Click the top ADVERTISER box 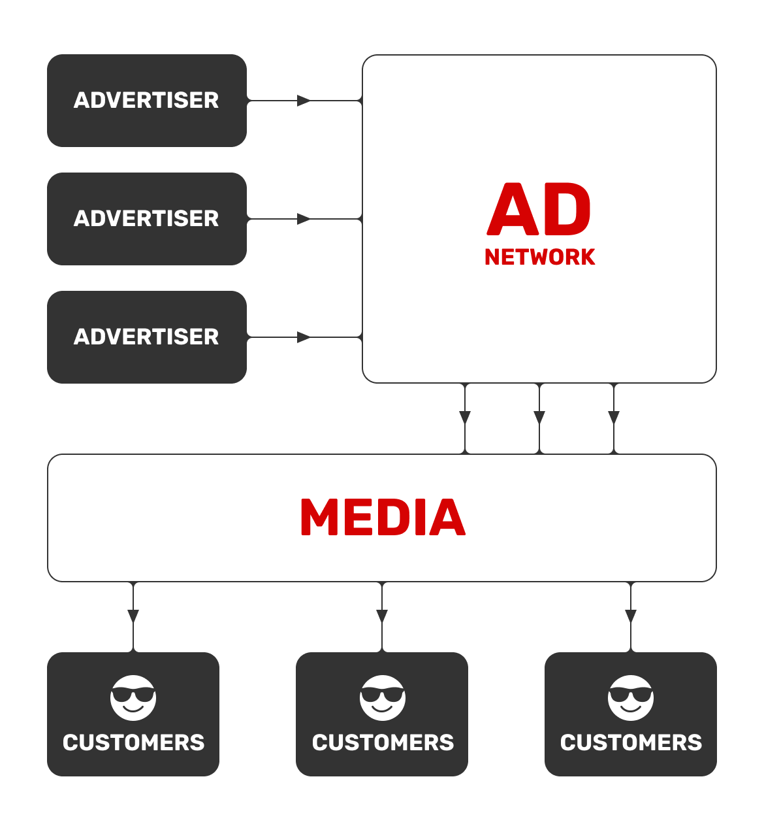[x=147, y=101]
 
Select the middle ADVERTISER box [x=147, y=219]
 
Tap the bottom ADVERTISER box [x=147, y=337]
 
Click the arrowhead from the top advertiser [x=304, y=101]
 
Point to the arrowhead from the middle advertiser [x=304, y=219]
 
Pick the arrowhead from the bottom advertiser [x=304, y=337]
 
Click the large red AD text [x=539, y=209]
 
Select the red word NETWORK [x=539, y=257]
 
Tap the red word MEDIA [x=383, y=517]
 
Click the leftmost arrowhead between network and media [x=465, y=418]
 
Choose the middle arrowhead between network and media [x=539, y=418]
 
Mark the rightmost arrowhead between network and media [x=614, y=418]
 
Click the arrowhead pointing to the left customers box [x=133, y=616]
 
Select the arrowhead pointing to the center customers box [x=382, y=616]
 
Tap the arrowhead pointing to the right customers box [x=631, y=616]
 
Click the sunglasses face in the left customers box [x=133, y=697]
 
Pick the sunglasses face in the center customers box [x=382, y=697]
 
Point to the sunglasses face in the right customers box [x=631, y=697]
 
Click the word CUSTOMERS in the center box [x=383, y=742]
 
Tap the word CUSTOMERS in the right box [x=631, y=742]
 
